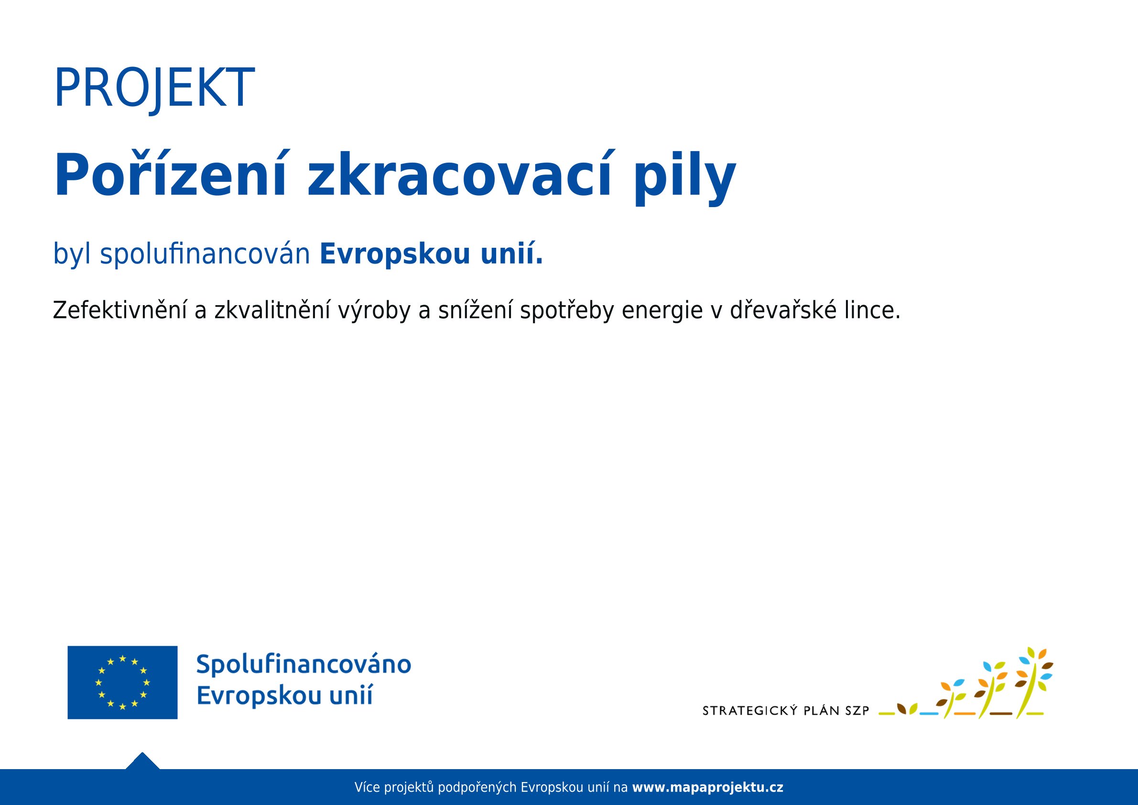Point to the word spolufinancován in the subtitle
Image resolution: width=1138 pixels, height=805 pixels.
tap(205, 254)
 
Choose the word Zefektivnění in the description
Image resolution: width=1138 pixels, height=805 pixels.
tap(120, 310)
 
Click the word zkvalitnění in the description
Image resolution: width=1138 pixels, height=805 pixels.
tap(272, 310)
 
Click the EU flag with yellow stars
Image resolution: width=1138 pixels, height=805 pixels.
tap(122, 682)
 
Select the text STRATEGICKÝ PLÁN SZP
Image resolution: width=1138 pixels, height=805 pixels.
tap(786, 711)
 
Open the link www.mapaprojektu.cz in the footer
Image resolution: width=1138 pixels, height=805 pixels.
tap(708, 787)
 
